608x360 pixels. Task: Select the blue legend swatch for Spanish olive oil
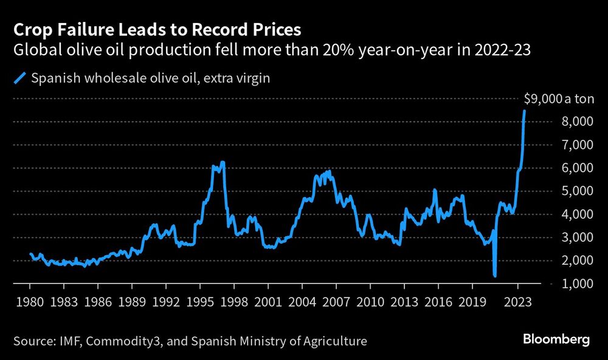tap(21, 78)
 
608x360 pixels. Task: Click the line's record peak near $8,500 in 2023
tap(525, 111)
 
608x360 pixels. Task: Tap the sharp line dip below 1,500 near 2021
tap(495, 275)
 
